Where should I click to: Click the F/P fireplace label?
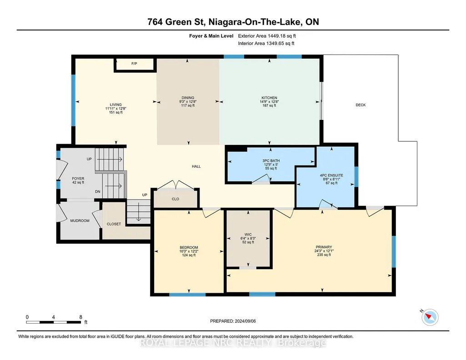134,64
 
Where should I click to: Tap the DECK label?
361,105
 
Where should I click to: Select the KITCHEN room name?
269,98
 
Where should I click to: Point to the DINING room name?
188,98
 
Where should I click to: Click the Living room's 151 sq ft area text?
116,112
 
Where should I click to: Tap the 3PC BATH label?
271,161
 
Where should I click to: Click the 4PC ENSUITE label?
331,175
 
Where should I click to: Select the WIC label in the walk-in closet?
248,235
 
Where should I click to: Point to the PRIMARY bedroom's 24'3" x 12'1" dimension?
324,251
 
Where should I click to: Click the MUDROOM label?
80,221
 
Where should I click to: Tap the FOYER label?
78,179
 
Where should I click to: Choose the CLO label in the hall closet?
175,199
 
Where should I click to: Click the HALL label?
196,166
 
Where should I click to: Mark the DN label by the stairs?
97,191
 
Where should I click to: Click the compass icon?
430,317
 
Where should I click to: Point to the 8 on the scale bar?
80,317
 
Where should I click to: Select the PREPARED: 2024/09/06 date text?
233,321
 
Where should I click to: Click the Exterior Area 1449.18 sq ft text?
267,36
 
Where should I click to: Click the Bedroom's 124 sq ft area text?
189,255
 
